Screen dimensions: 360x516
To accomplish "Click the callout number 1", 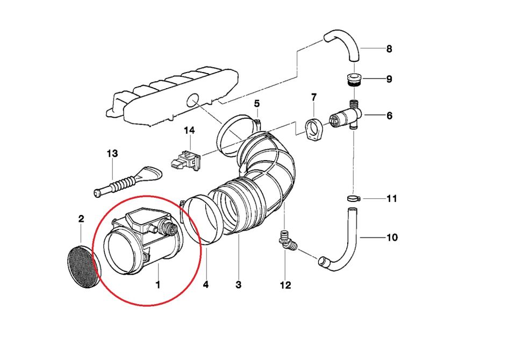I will coord(158,284).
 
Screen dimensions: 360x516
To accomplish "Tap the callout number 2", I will coord(81,219).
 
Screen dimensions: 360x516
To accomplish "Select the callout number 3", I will coord(239,284).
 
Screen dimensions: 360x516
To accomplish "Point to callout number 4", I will coord(206,284).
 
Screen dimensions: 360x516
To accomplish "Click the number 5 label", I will coord(257,103).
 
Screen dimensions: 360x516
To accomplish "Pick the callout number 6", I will coord(389,115).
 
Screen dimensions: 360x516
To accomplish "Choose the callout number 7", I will coord(314,97).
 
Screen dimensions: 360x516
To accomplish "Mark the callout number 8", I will coord(389,49).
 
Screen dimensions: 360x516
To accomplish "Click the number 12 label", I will coord(285,285).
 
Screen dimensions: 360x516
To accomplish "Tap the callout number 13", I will coord(112,154).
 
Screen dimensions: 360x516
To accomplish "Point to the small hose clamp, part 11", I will coord(353,199).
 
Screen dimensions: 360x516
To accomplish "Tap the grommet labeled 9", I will coord(353,80).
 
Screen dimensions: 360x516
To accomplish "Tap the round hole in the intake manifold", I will coord(192,100).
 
